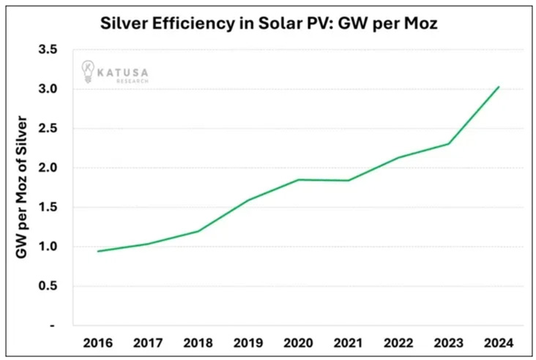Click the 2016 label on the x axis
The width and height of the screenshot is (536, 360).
click(98, 342)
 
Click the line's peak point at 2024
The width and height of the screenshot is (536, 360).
click(499, 87)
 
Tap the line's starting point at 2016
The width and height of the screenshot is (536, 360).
click(98, 251)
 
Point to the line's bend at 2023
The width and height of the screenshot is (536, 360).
click(448, 143)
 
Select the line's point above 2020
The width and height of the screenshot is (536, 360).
click(299, 179)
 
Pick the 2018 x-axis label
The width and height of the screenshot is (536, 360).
click(198, 342)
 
